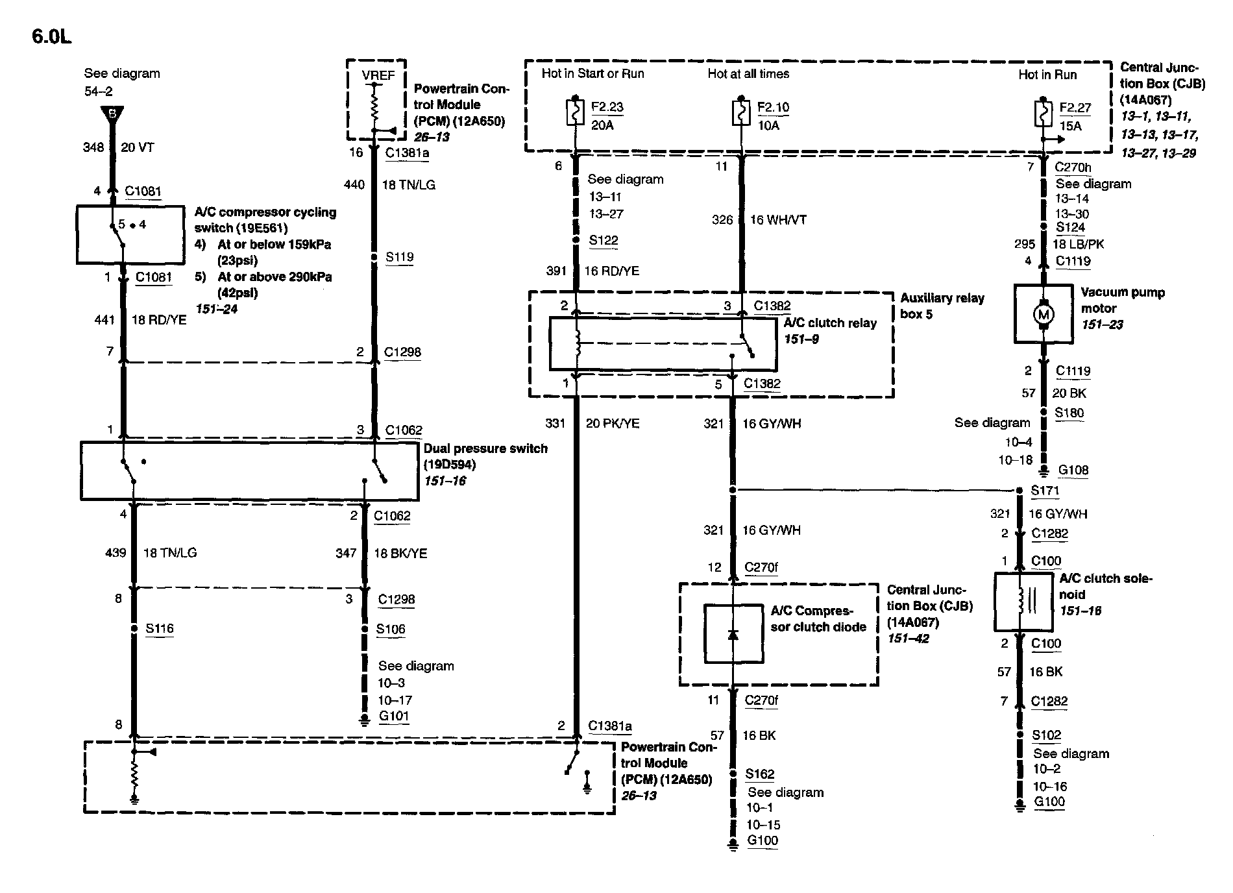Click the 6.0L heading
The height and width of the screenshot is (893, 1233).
pyautogui.click(x=52, y=37)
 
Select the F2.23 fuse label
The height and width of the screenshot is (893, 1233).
pyautogui.click(x=607, y=107)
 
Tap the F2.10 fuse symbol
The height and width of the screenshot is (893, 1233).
pyautogui.click(x=741, y=113)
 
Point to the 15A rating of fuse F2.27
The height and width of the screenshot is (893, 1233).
pyautogui.click(x=1070, y=126)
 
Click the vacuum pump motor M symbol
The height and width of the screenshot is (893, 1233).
pyautogui.click(x=1043, y=315)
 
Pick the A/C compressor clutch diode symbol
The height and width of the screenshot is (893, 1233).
pyautogui.click(x=733, y=634)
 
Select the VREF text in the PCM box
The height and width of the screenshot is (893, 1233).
pyautogui.click(x=378, y=75)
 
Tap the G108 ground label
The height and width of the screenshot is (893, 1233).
pyautogui.click(x=1073, y=471)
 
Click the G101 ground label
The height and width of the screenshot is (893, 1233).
pyautogui.click(x=394, y=716)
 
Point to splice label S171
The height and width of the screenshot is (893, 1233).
pyautogui.click(x=1045, y=491)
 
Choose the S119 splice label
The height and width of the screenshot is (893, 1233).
pyautogui.click(x=399, y=257)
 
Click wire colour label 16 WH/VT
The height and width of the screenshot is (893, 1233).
pyautogui.click(x=778, y=220)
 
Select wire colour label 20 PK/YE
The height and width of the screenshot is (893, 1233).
pyautogui.click(x=613, y=424)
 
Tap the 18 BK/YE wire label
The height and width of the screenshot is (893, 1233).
pyautogui.click(x=400, y=554)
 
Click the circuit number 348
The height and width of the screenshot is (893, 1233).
pyautogui.click(x=93, y=147)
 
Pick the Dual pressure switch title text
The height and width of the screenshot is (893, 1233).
pyautogui.click(x=485, y=448)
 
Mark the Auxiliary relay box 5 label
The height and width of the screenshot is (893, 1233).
pyautogui.click(x=942, y=306)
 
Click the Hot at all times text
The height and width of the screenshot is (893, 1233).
pyautogui.click(x=748, y=74)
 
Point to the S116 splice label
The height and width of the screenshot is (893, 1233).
pyautogui.click(x=159, y=628)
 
